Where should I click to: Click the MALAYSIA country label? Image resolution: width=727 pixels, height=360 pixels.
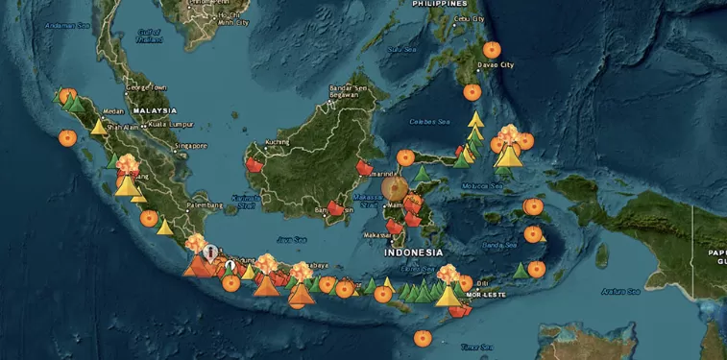[155, 111]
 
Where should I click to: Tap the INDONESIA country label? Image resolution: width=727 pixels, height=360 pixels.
[414, 252]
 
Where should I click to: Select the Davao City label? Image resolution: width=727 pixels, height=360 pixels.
[496, 64]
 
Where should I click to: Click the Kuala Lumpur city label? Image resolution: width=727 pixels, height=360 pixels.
[173, 124]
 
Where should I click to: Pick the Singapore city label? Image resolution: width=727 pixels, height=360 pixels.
[190, 146]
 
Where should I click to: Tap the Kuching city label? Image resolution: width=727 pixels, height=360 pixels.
[278, 142]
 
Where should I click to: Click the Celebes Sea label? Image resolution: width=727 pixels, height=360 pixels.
[429, 122]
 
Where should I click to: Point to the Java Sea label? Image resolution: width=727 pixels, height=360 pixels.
[291, 239]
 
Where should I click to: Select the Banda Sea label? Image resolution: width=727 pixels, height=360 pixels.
[492, 246]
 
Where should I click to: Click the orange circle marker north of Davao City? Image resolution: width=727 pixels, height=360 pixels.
[492, 49]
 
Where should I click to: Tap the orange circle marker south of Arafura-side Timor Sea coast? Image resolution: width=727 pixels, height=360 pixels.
[422, 337]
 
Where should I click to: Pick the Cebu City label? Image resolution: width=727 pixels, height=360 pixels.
[469, 18]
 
